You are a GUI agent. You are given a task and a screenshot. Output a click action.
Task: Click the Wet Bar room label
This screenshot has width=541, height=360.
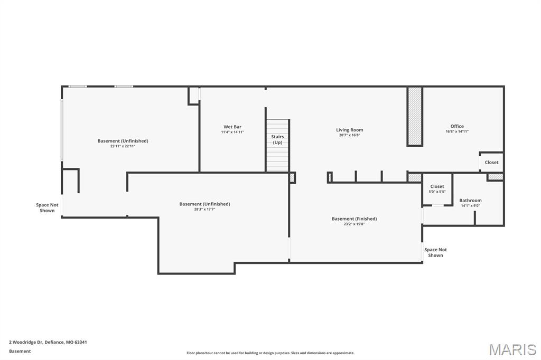(232, 127)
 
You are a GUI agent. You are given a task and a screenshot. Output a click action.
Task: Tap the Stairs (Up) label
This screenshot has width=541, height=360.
(277, 139)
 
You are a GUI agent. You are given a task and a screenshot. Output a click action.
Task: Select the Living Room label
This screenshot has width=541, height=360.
(350, 130)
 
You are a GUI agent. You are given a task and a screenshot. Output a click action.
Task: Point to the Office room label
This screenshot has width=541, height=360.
(457, 126)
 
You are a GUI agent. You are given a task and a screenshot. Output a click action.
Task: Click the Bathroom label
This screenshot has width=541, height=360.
(470, 200)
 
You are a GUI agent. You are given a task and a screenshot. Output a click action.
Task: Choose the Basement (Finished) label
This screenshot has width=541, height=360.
(354, 219)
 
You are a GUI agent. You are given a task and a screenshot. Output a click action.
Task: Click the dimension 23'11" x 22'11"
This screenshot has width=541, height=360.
(123, 146)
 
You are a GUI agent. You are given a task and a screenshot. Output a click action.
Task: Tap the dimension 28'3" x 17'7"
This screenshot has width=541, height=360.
(204, 210)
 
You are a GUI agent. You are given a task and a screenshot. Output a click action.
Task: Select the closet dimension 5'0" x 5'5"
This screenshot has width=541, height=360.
(437, 192)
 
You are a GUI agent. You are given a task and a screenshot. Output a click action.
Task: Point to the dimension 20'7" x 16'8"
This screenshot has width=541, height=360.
(350, 135)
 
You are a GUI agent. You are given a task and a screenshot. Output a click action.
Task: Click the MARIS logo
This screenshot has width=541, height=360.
(512, 349)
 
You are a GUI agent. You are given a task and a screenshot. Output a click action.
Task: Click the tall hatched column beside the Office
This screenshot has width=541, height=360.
(415, 116)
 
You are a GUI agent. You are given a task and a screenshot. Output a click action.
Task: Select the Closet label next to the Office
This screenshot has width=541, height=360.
(491, 162)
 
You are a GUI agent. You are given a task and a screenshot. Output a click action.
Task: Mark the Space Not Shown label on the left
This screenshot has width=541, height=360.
(47, 207)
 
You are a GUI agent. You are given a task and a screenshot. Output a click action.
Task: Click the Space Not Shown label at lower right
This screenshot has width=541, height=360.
(435, 252)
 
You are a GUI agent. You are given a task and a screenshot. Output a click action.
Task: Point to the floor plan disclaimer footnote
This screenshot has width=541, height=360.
(270, 353)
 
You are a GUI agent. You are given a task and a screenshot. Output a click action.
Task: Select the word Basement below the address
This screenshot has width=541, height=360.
(20, 351)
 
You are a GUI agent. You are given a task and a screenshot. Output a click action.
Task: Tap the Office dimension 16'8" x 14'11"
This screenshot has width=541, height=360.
(457, 131)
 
